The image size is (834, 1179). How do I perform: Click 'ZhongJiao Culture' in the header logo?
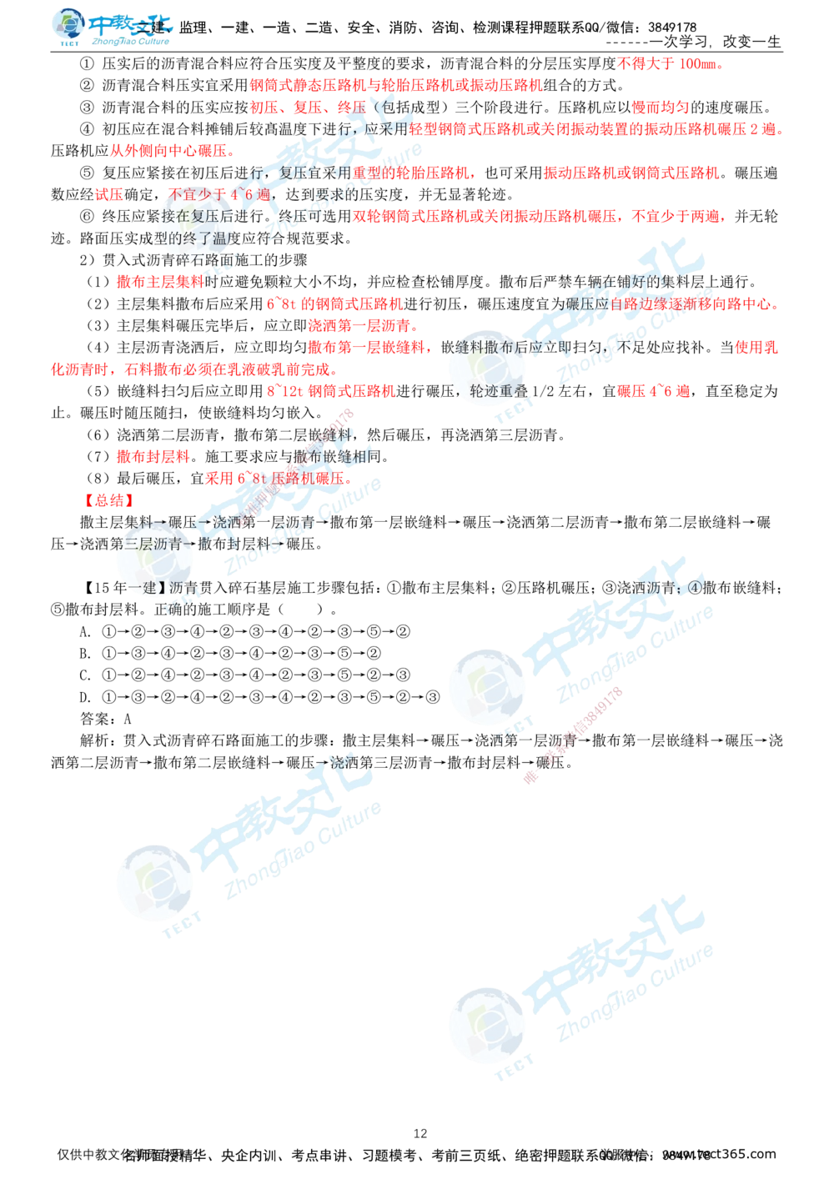129,39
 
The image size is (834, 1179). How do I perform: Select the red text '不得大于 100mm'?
670,63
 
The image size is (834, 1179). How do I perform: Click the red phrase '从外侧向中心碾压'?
170,152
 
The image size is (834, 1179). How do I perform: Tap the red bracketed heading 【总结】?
108,500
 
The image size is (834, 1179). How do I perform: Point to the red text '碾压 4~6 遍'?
653,390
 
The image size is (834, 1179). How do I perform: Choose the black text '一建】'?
146,588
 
